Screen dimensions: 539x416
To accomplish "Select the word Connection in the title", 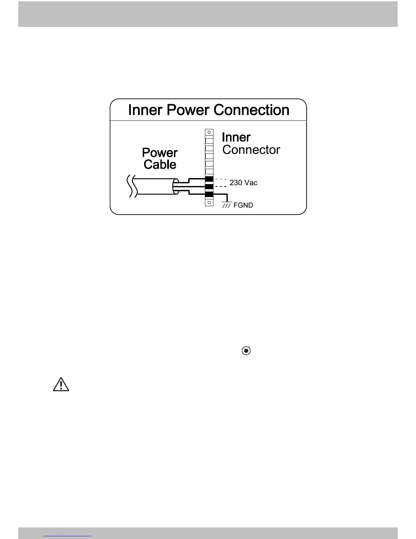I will coord(252,110).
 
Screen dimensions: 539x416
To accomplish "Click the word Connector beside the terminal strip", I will coord(251,150).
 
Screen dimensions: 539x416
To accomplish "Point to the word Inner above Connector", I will coord(236,137).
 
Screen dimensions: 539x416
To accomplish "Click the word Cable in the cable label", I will coord(160,164).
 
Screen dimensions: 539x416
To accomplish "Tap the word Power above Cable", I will coord(160,152).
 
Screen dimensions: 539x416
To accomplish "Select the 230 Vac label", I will coord(243,183).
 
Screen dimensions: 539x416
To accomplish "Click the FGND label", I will coord(243,205).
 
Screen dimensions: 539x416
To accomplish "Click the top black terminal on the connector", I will coord(209,179).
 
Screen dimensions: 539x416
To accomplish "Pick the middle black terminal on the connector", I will coord(209,186).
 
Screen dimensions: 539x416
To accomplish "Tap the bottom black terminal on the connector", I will coord(209,194).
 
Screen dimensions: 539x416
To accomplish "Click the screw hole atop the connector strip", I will coord(209,132).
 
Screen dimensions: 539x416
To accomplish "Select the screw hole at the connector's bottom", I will coord(209,202).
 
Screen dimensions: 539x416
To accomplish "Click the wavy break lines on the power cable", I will coord(132,186).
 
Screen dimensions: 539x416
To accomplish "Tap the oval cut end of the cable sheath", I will coord(176,186).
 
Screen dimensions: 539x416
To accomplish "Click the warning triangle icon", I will coord(61,384).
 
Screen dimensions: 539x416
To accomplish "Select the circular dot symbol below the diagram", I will coord(246,350).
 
